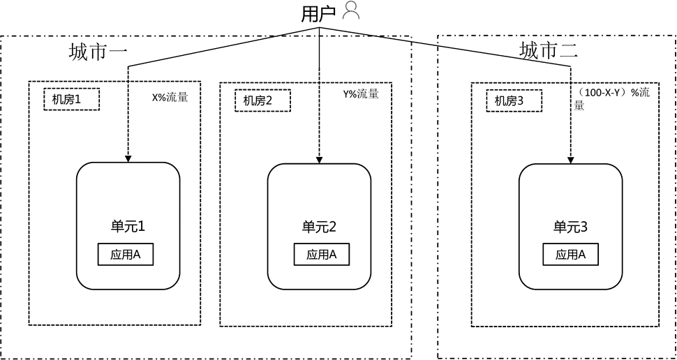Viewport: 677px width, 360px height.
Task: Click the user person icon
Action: (x=351, y=10)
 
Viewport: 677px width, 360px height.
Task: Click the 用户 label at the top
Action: (x=318, y=13)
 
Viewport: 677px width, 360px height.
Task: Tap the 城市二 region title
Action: (x=549, y=50)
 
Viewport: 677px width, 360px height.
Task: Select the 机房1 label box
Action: (x=71, y=100)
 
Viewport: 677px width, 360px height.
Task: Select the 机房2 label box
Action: (x=262, y=100)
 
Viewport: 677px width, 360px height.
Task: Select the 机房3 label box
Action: (x=514, y=101)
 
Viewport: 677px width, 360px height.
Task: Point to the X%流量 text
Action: (x=170, y=98)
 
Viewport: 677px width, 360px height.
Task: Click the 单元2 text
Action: (x=319, y=227)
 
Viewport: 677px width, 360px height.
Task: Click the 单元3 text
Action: (x=570, y=227)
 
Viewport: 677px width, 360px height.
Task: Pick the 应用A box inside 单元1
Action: (x=126, y=255)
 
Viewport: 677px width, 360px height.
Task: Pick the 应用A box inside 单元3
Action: (x=570, y=255)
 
